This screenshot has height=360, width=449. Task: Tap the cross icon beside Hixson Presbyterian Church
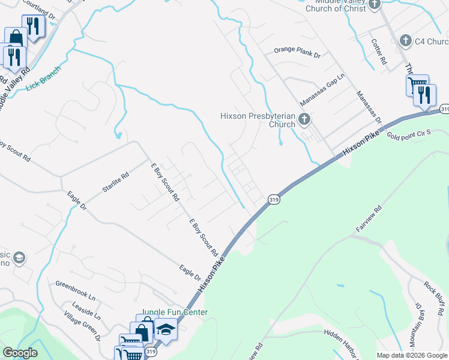304,119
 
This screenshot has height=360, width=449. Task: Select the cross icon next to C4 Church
405,41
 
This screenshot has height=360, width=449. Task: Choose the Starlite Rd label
115,182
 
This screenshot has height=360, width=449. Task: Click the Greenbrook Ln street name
76,289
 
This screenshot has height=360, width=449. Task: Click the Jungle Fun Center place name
175,313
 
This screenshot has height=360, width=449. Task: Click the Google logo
20,353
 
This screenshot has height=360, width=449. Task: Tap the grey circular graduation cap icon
19,258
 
